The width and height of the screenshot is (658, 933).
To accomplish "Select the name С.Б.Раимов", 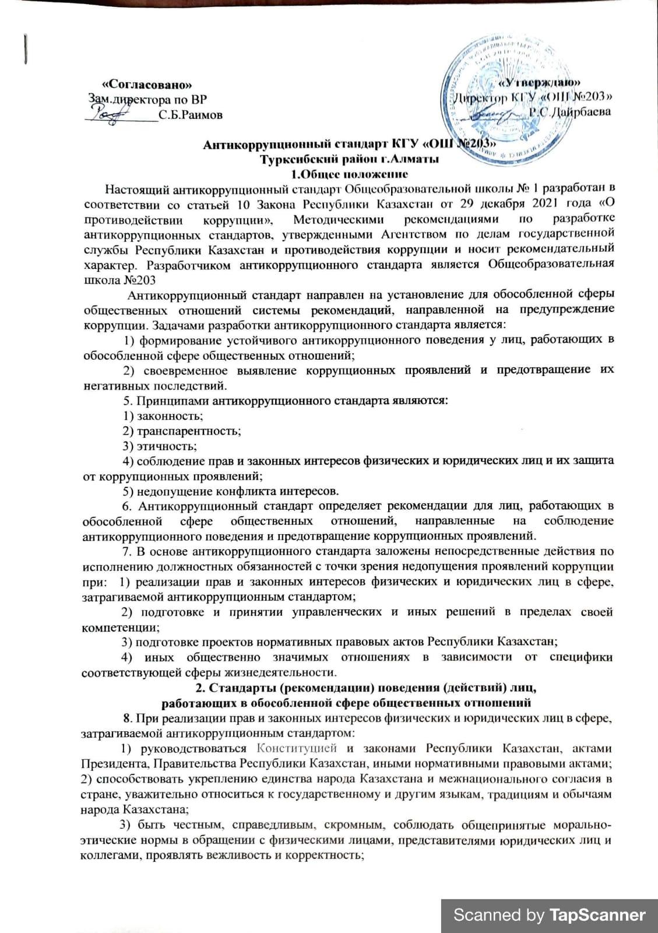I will tap(190, 115).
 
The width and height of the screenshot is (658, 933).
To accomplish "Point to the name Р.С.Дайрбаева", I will tap(569, 111).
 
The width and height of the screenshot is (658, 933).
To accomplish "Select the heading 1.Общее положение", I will tap(349, 174).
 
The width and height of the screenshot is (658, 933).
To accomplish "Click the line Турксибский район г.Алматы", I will tap(349, 159).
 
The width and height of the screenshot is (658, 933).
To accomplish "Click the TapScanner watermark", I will tap(550, 915).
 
